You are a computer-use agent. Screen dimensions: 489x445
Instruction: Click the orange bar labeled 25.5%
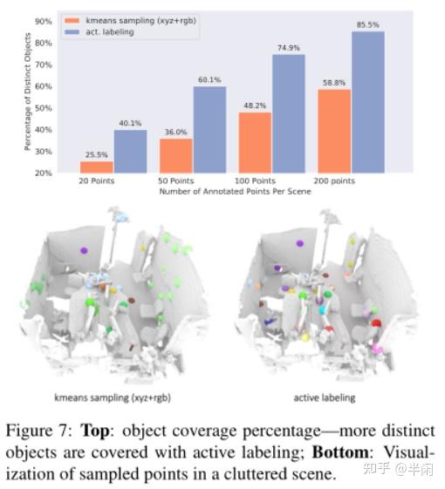[x=97, y=166]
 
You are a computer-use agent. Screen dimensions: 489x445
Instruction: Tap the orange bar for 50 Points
[x=175, y=155]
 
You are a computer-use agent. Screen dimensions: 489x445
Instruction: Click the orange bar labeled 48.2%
[x=255, y=142]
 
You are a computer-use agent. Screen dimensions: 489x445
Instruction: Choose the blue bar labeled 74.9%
[x=289, y=113]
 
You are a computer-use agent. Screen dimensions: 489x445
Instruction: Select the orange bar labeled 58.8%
[x=333, y=131]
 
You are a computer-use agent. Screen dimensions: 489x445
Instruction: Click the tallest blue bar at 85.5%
[x=367, y=102]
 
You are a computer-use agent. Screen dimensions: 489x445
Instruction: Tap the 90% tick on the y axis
[x=43, y=20]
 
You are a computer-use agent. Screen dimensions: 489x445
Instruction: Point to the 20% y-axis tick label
[x=43, y=173]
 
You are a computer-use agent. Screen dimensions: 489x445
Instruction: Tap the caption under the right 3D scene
[x=325, y=398]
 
